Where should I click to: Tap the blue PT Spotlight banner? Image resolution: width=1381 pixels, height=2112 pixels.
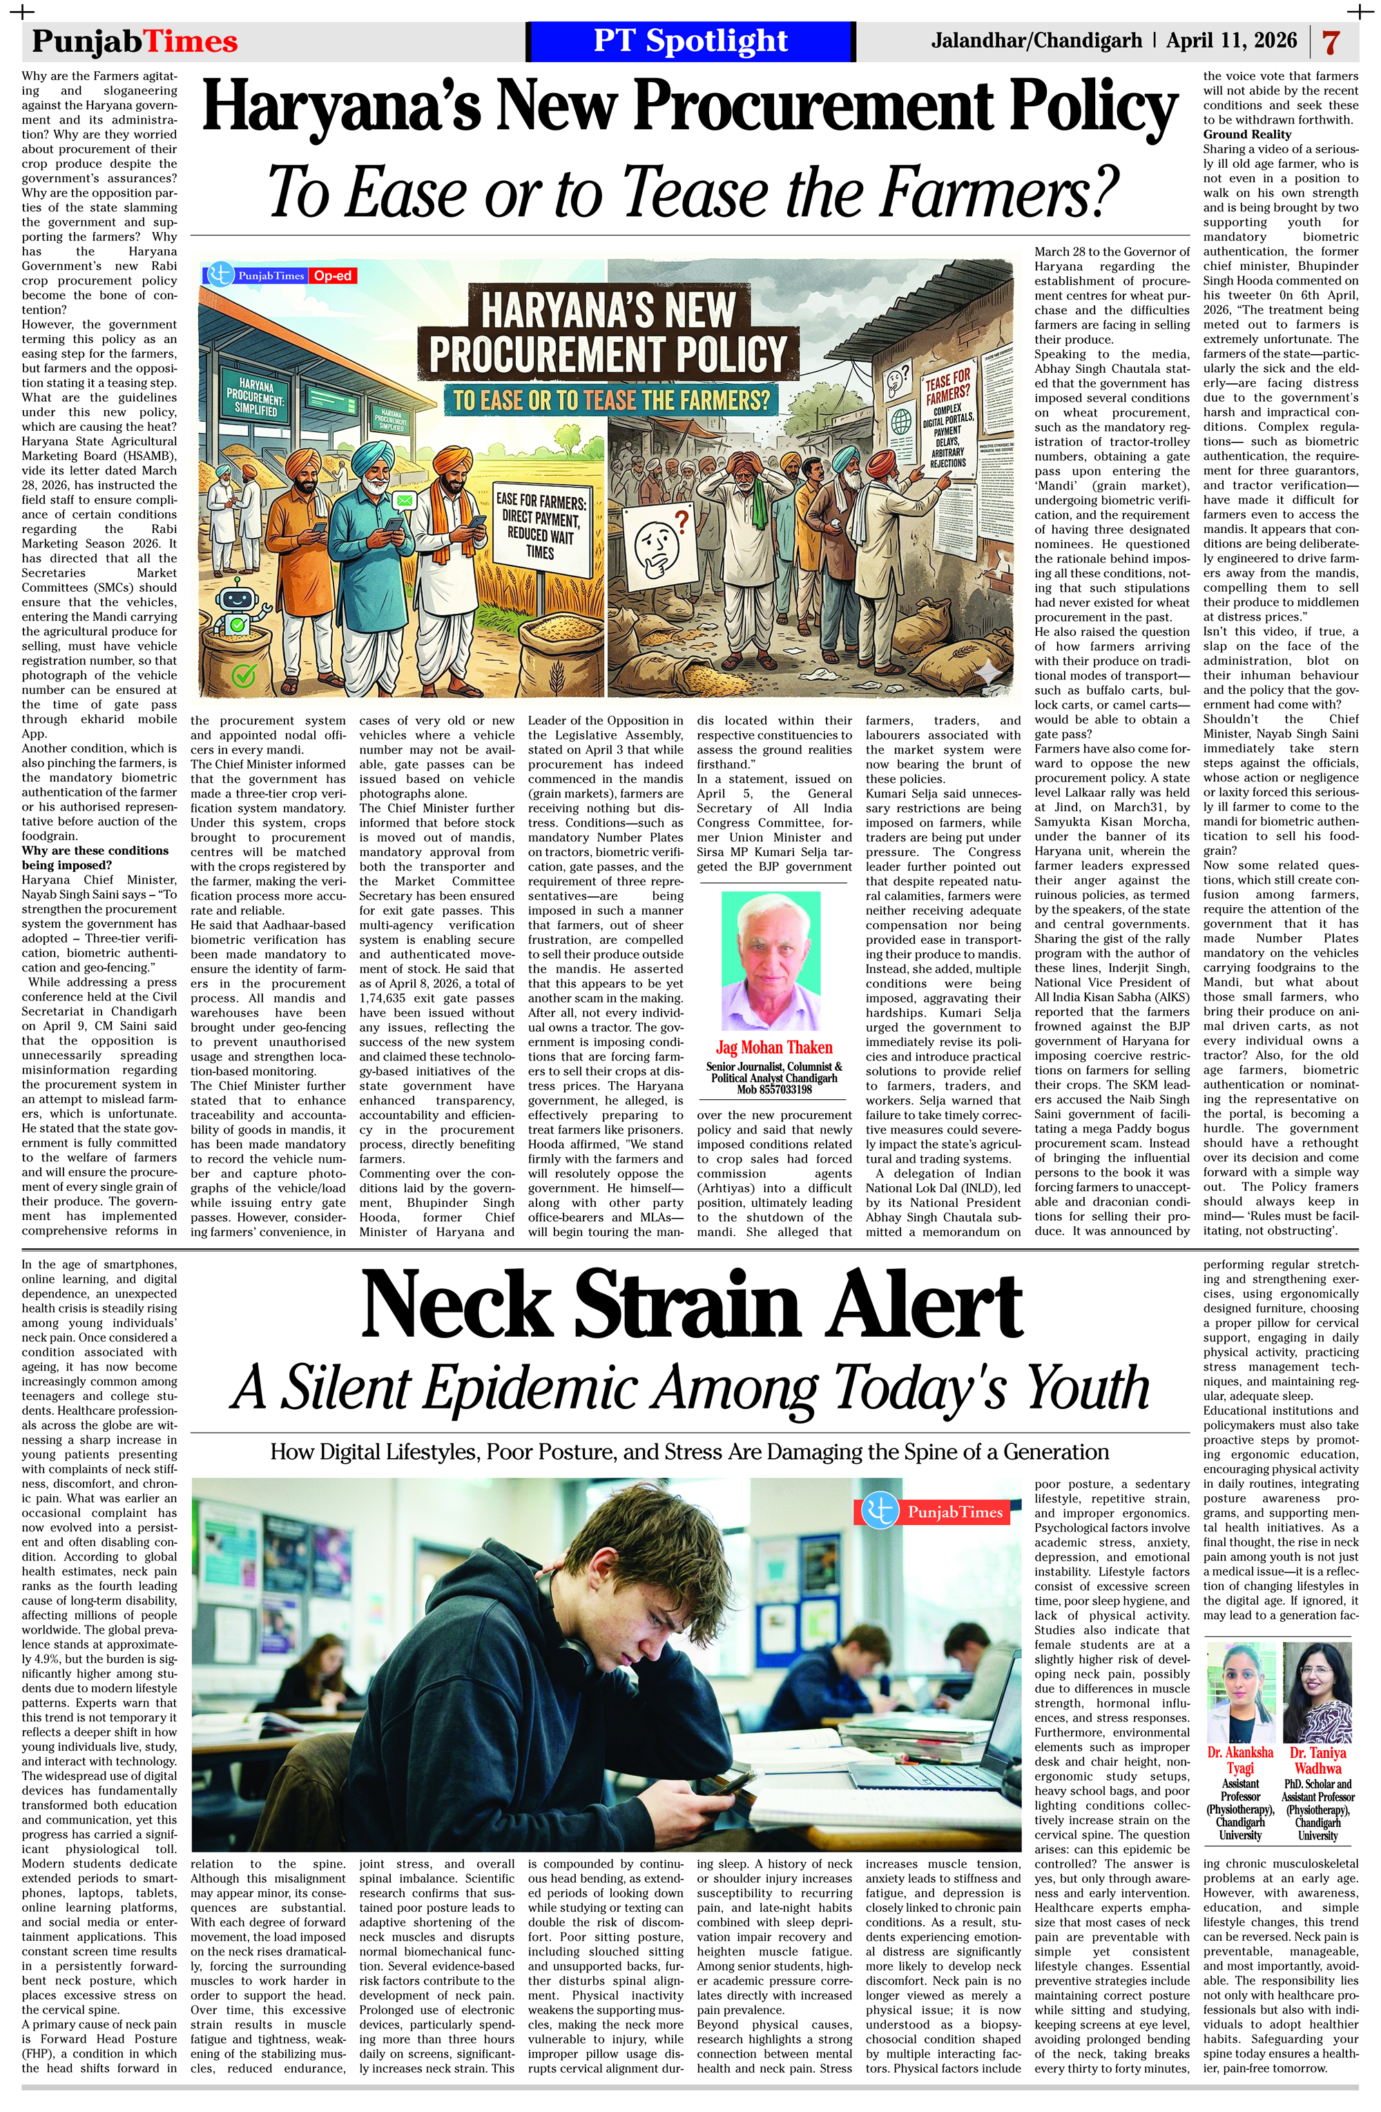tap(690, 41)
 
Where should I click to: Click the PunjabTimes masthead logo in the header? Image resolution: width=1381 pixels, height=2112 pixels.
tap(135, 41)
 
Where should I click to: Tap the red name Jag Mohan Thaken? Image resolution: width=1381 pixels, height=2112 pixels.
tap(774, 1047)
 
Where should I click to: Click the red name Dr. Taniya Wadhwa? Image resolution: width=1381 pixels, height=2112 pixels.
tap(1317, 1760)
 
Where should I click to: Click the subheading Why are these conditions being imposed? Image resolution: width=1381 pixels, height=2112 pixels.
tap(95, 858)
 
